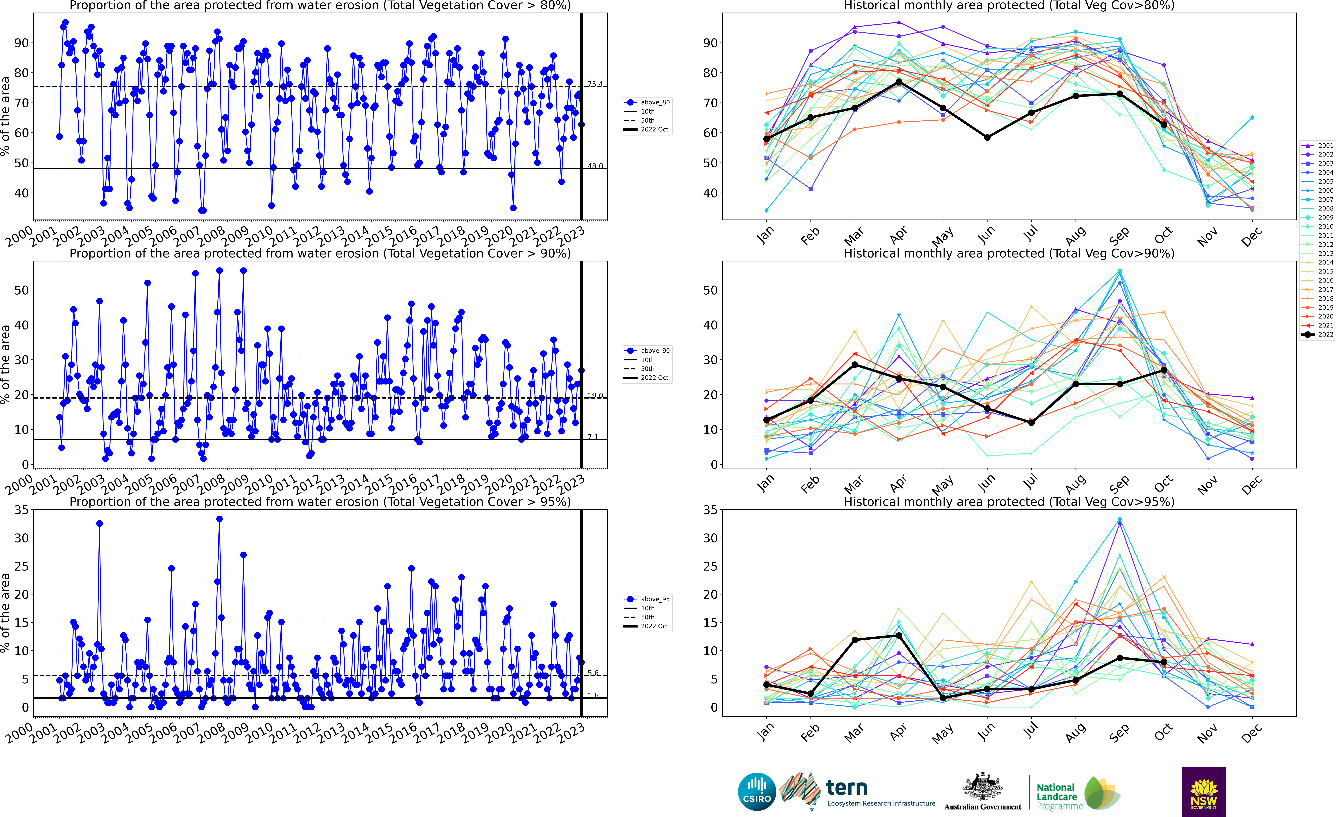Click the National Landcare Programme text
1056,796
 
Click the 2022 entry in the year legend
1321,334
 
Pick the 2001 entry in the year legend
1321,145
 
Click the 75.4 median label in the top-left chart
595,84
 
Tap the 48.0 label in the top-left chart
595,166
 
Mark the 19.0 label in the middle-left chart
595,396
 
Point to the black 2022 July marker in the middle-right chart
1031,423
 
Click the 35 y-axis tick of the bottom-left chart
21,510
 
